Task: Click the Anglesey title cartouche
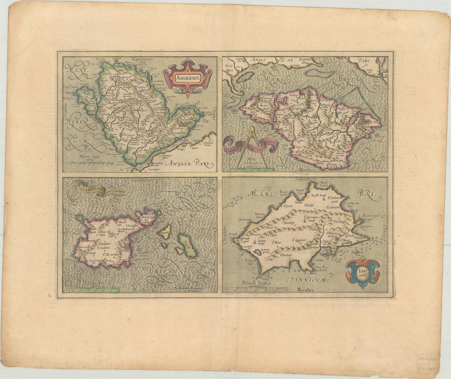point(187,76)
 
